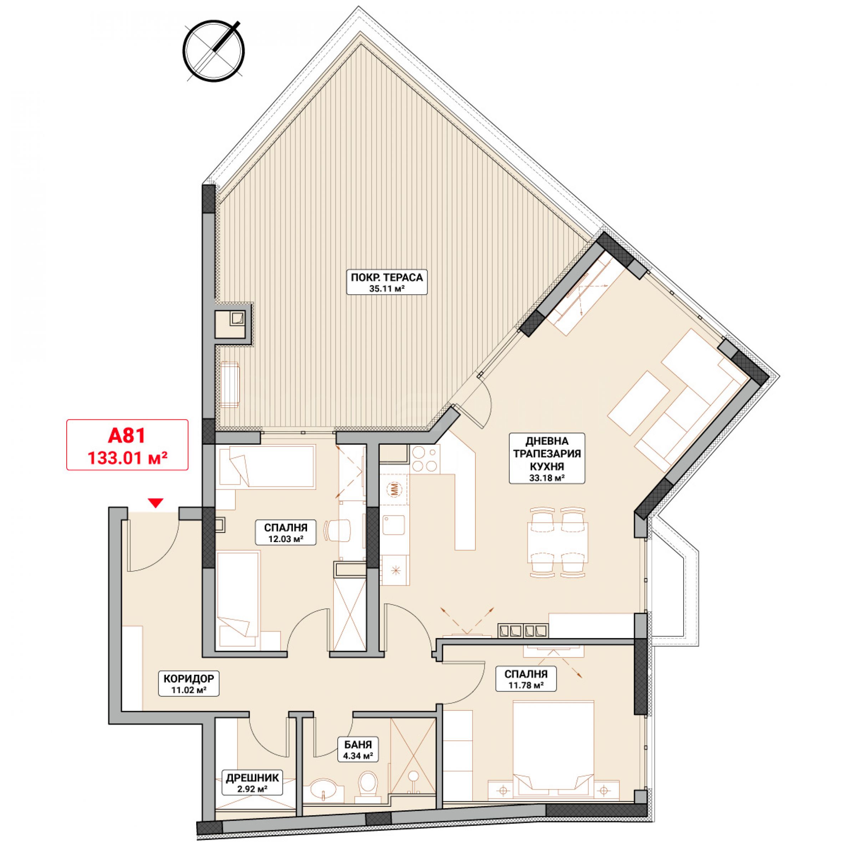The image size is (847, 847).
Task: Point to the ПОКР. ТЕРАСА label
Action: coord(387,277)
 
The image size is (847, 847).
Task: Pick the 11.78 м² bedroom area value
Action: coord(526,685)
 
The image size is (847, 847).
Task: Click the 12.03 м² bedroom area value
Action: coord(286,539)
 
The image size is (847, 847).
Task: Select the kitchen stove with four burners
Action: coord(425,459)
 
